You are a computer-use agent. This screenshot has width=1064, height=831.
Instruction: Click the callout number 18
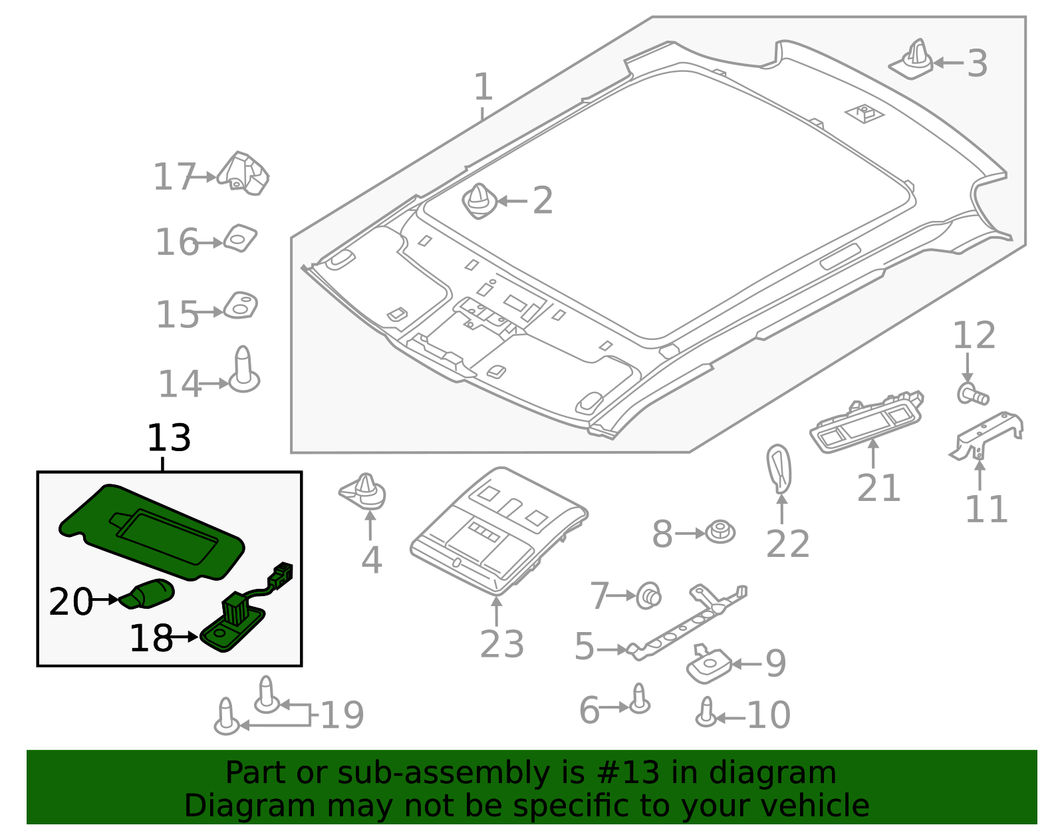pos(151,638)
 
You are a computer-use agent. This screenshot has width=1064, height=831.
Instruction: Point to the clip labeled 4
pos(364,493)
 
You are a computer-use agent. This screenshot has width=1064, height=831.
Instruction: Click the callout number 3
pos(977,64)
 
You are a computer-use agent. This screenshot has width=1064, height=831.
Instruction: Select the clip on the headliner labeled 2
pos(479,201)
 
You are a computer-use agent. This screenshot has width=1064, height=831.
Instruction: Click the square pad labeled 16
pos(240,238)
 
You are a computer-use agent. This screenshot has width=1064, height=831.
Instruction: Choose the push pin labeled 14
pos(243,371)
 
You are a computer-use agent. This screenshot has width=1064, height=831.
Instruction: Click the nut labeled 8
pos(720,532)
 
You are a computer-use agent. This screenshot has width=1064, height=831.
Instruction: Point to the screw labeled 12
pos(972,395)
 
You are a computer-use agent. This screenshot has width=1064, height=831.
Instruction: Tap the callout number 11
pos(986,510)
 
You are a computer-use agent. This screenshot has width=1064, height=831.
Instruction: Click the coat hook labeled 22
pos(779,468)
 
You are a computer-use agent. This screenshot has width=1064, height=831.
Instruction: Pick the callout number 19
pos(342,715)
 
